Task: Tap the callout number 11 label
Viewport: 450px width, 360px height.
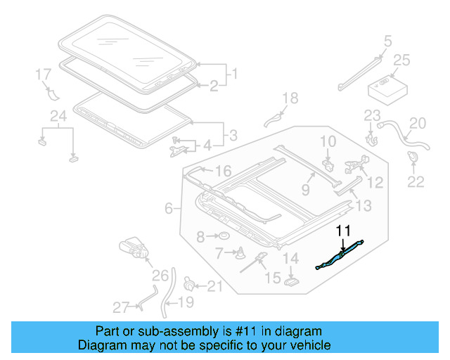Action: (x=342, y=230)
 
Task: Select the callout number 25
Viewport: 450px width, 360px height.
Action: (x=401, y=61)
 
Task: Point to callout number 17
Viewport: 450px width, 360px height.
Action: (x=43, y=73)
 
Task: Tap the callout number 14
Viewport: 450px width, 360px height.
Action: (x=291, y=259)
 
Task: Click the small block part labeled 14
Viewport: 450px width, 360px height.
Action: (x=291, y=281)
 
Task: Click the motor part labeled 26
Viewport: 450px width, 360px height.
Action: (x=134, y=248)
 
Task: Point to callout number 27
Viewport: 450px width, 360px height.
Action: (x=121, y=307)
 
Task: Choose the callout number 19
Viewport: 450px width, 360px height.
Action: (x=186, y=303)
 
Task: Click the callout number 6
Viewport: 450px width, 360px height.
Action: (x=169, y=208)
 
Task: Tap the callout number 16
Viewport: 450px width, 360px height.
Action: (x=223, y=172)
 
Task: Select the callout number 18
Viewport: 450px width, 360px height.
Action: (x=290, y=98)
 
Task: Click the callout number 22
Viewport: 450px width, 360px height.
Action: (x=416, y=182)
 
